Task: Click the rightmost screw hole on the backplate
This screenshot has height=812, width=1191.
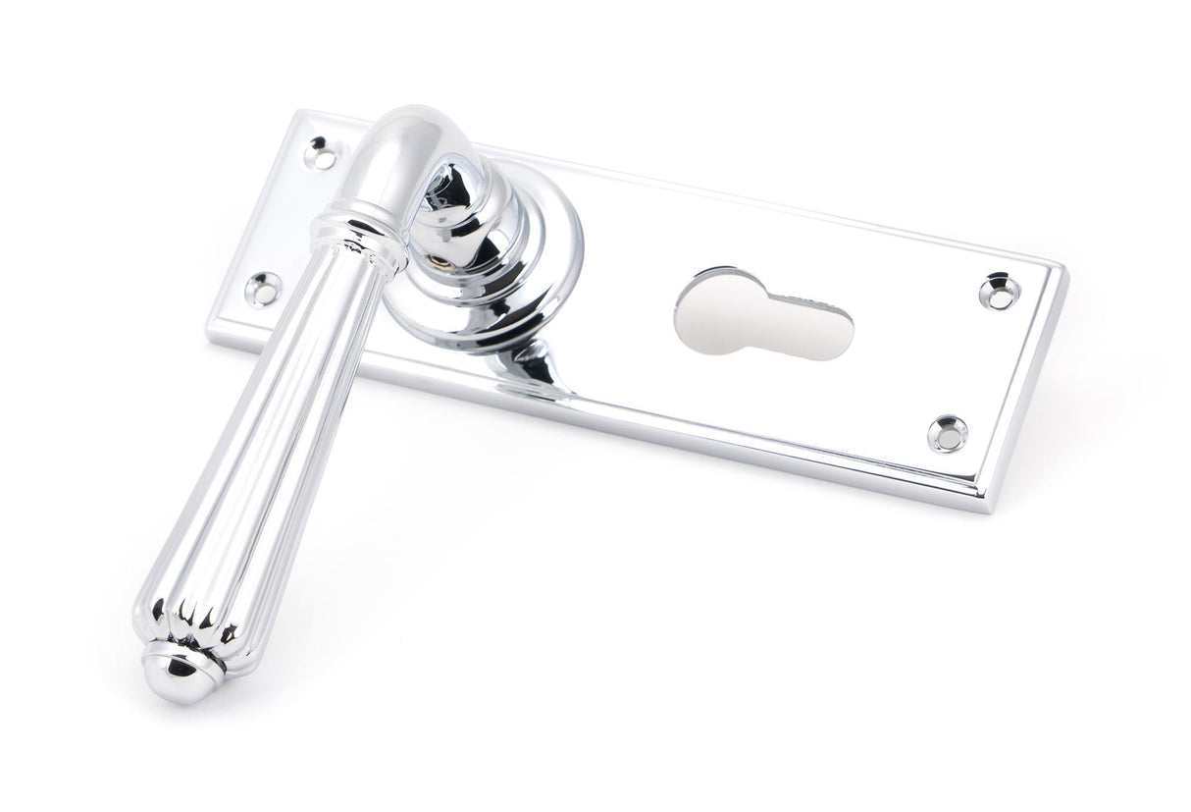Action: point(998,286)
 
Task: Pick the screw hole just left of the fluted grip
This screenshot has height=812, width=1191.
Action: point(265,287)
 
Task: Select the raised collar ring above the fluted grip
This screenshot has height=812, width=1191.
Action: point(358,224)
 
